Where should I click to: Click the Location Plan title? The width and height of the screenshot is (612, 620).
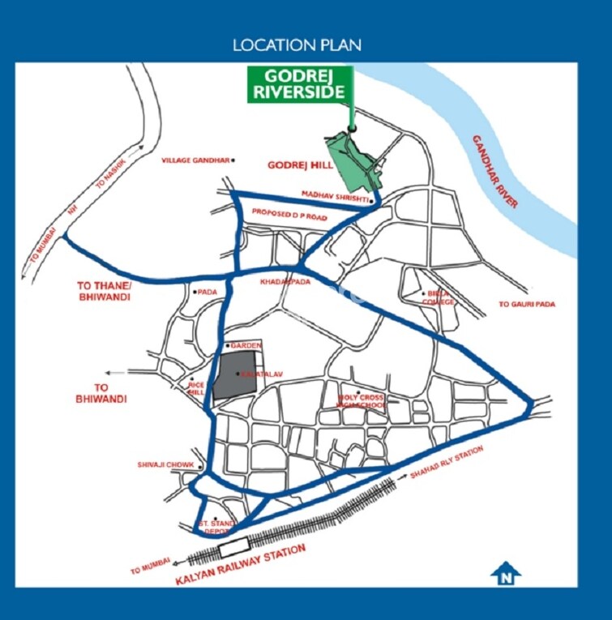(x=297, y=45)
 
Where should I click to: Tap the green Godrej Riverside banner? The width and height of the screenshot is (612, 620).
(x=301, y=84)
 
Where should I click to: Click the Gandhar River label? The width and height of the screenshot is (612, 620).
(x=494, y=172)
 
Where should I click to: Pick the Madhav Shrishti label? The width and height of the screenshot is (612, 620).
(x=335, y=195)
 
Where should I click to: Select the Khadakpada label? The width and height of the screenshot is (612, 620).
(x=280, y=281)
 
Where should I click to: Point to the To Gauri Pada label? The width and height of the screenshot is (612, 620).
(x=530, y=304)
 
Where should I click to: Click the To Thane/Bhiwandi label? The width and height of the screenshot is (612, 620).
(x=103, y=292)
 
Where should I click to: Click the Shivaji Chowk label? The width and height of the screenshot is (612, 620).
(x=165, y=465)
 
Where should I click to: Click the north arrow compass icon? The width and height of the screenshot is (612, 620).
(x=506, y=573)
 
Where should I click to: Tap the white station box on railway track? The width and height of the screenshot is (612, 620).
(x=232, y=549)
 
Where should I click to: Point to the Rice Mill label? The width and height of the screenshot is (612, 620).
(x=197, y=387)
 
